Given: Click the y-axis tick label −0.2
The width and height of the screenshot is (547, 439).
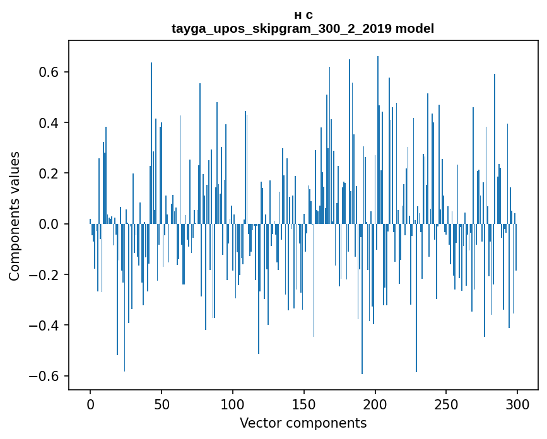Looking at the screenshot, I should [x=46, y=275].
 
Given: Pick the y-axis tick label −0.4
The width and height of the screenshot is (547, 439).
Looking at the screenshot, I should [x=46, y=325].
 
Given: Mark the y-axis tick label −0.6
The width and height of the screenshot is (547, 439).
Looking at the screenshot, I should [x=46, y=376].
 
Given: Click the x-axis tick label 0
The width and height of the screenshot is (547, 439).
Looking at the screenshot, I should [x=90, y=404].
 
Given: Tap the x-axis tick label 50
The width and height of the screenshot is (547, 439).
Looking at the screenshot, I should [x=162, y=404].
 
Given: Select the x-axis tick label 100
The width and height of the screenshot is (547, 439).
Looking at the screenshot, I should [x=233, y=404].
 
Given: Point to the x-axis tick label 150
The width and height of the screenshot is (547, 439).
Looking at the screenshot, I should [x=304, y=404].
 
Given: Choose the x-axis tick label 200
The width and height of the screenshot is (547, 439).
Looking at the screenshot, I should [x=375, y=404].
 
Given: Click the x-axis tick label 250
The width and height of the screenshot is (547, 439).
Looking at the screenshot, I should [x=447, y=404].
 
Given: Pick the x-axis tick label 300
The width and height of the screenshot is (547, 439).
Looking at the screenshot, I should [x=517, y=404].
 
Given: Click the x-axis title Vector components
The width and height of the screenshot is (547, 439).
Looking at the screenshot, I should [x=303, y=423].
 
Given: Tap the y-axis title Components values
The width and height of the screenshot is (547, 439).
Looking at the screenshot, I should [x=15, y=216].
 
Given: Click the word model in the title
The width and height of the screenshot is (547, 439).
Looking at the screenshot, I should [x=415, y=28].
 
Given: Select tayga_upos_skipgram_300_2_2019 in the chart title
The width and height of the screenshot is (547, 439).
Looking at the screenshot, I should [x=281, y=28].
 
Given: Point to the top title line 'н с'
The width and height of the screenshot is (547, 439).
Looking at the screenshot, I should [x=303, y=15].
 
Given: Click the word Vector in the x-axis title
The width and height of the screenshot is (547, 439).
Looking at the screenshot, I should [x=259, y=423].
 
